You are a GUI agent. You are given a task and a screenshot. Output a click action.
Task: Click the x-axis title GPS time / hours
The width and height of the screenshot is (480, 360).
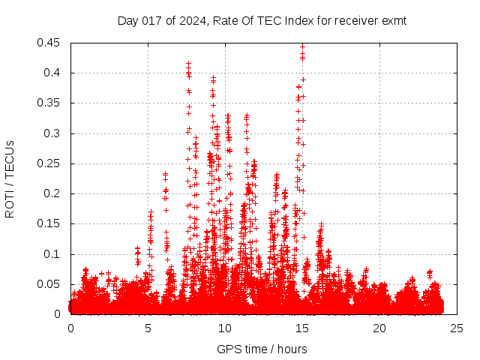point(262,349)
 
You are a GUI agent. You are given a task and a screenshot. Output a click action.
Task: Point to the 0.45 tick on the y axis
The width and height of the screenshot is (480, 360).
point(50,43)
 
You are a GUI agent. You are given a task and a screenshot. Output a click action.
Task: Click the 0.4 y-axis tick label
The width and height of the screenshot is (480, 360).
point(53,73)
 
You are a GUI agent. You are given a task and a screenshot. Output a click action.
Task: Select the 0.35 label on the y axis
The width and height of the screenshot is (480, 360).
point(50,103)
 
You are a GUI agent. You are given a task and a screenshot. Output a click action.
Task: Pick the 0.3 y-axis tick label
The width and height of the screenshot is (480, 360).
point(53,133)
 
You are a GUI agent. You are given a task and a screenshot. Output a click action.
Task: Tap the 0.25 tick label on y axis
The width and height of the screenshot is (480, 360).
point(50,163)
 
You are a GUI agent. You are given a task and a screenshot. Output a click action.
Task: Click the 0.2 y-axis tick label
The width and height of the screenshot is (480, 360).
point(53,193)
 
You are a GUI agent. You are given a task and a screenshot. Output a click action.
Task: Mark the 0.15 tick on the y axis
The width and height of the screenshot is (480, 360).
point(50,223)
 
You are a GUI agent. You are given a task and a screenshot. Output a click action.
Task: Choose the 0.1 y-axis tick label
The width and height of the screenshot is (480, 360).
point(53,254)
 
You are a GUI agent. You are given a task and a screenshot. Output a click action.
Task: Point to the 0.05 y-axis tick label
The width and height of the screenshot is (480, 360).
point(50,284)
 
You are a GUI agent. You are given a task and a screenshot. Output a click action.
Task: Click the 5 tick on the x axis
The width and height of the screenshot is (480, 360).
point(148,328)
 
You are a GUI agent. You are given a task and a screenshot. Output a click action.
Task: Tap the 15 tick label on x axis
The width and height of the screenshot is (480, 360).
point(302,328)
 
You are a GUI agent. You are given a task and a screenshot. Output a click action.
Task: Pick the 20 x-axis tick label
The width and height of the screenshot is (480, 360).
point(379,328)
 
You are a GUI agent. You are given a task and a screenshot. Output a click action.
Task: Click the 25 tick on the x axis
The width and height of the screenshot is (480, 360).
point(457,328)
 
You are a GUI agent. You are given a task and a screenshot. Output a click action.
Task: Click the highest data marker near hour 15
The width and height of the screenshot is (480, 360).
point(302,46)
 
